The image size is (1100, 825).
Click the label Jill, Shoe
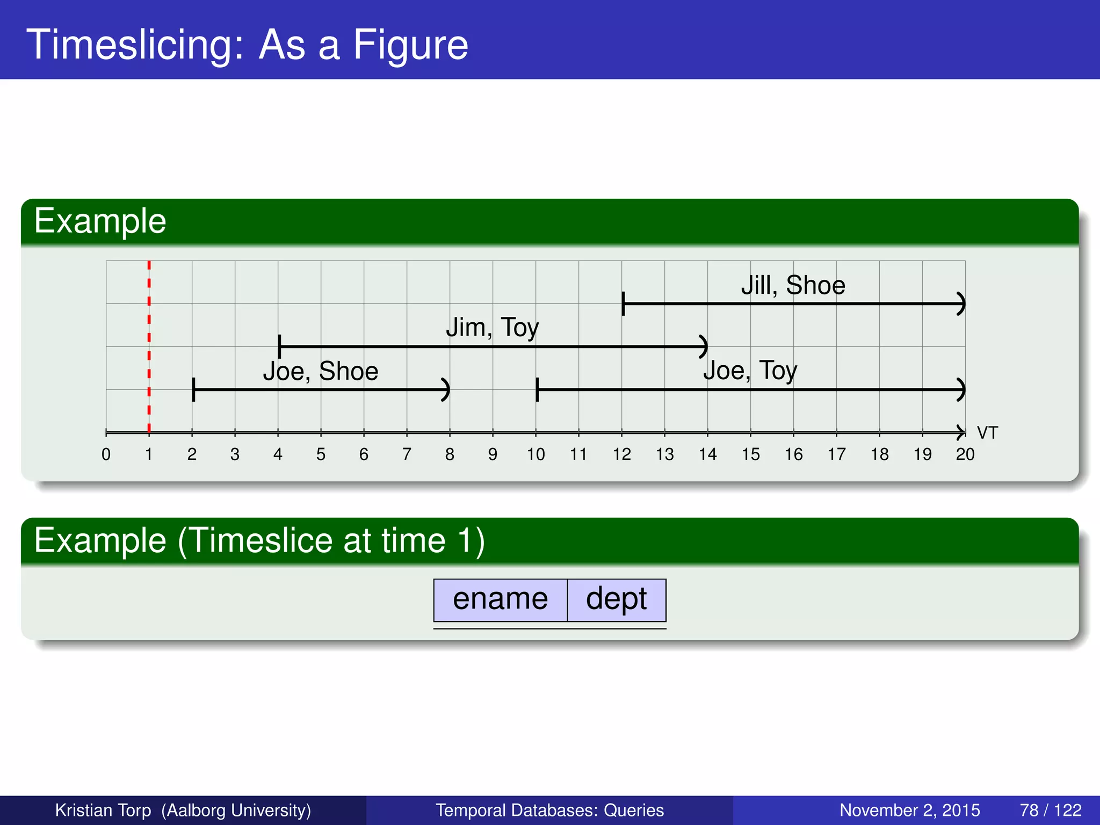(793, 285)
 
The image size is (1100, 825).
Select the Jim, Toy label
(492, 328)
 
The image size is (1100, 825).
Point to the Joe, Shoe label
(321, 371)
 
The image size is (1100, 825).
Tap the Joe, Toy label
(750, 371)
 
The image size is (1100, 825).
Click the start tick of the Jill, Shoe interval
(623, 304)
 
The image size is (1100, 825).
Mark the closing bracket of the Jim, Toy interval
(704, 346)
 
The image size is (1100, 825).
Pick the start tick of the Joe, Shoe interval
(193, 389)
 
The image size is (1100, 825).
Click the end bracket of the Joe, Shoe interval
(446, 389)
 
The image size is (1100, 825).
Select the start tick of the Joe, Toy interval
(537, 389)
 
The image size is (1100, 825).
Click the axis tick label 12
(621, 455)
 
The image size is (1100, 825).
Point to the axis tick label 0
(106, 455)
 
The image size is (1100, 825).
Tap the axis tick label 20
(965, 455)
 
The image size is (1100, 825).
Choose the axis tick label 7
(407, 455)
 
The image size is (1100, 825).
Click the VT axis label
(987, 433)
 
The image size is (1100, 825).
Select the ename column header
(500, 599)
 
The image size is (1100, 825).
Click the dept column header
(616, 599)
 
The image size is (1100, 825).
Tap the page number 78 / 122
(1050, 810)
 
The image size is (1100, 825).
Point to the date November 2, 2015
(909, 810)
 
